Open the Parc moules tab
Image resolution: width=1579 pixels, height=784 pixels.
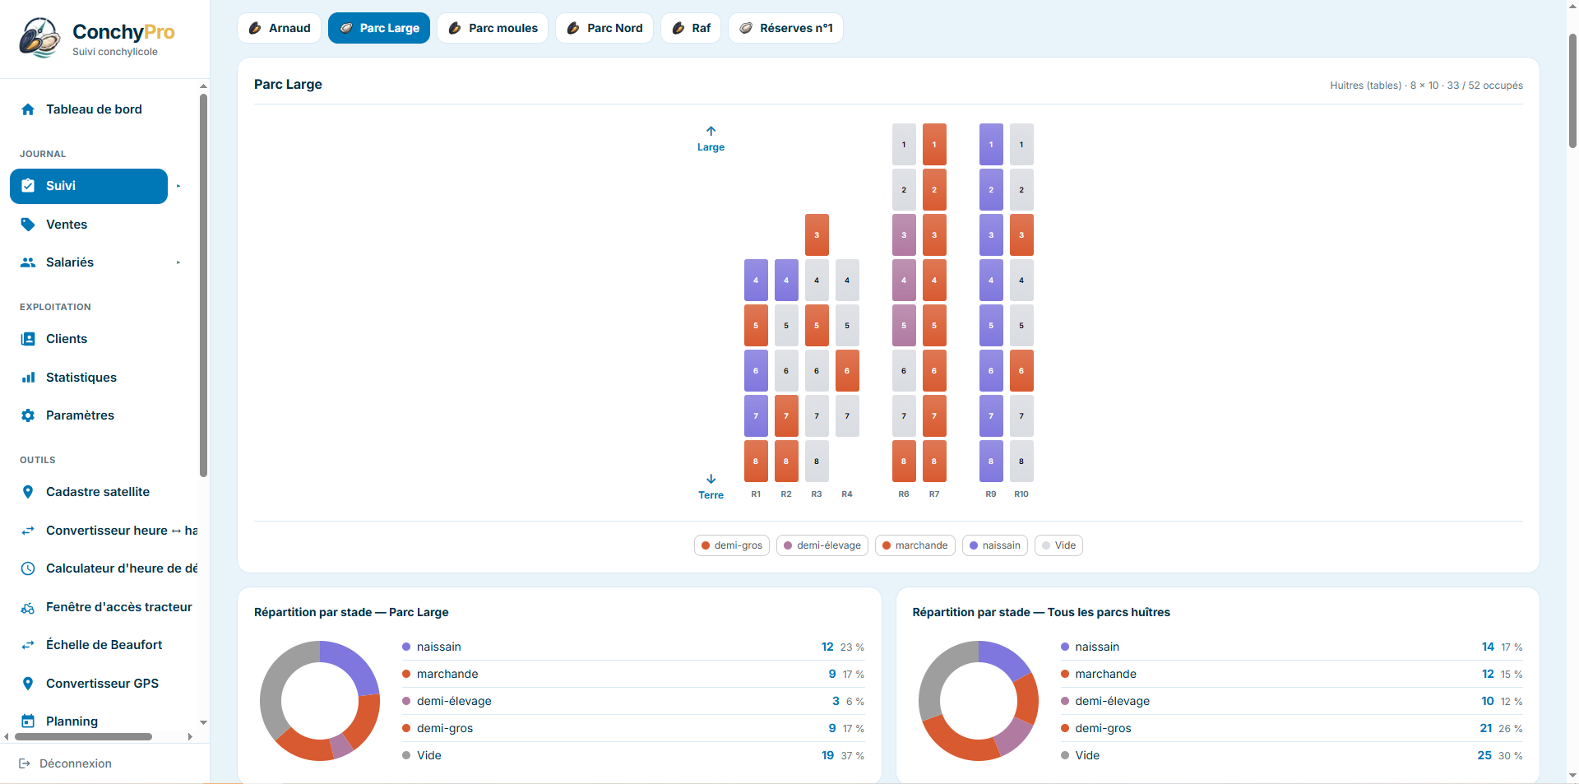pos(493,28)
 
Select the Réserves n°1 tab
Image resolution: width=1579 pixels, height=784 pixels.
pos(785,28)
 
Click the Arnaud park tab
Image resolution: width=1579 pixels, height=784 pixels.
pos(279,28)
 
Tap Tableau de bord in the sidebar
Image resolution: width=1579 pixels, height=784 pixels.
pos(94,109)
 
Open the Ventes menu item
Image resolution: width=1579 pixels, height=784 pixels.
pos(67,225)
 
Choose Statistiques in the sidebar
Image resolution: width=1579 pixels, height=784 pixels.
pos(81,378)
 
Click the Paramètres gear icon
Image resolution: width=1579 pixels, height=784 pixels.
pos(28,415)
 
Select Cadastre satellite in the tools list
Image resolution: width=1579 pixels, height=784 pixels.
pos(98,492)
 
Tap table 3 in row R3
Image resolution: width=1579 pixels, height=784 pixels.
pos(817,235)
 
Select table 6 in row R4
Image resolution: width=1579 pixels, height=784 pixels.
pos(847,371)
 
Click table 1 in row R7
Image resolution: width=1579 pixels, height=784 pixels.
pos(934,145)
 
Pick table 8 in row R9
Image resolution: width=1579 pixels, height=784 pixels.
pos(991,462)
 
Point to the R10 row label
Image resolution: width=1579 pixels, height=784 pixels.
pos(1021,494)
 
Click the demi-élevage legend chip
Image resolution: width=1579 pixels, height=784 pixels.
pos(822,545)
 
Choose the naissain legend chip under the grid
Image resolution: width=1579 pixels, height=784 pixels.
pos(995,545)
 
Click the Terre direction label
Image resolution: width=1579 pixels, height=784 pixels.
pos(711,495)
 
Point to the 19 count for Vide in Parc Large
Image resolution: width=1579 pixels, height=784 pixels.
pos(827,755)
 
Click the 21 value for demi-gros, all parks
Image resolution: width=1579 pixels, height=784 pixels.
pos(1486,728)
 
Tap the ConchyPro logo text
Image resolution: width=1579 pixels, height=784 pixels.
pos(123,32)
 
